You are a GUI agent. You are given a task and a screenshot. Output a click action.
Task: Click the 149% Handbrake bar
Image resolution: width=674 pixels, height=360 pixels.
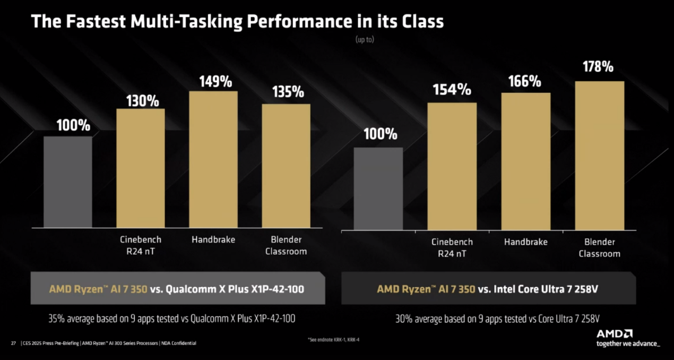pyautogui.click(x=213, y=159)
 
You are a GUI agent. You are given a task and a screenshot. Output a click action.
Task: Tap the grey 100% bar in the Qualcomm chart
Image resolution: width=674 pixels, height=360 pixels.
pyautogui.click(x=68, y=182)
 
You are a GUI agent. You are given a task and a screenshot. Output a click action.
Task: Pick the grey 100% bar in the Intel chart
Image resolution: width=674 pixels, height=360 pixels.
pyautogui.click(x=378, y=188)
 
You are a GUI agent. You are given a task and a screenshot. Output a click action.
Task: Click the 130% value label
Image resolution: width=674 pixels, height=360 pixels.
pyautogui.click(x=142, y=100)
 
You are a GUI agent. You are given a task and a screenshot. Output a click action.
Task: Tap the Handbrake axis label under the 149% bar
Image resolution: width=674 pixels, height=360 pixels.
pyautogui.click(x=213, y=240)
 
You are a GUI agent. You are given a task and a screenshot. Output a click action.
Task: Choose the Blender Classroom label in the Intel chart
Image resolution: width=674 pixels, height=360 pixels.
pyautogui.click(x=599, y=247)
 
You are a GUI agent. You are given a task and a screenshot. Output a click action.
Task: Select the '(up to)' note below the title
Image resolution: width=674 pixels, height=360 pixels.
pyautogui.click(x=365, y=40)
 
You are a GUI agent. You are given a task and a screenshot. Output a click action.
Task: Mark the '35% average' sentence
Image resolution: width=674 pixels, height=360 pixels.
pyautogui.click(x=171, y=319)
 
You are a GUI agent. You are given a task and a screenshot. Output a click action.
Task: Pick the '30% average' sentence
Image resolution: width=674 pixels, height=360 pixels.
pyautogui.click(x=497, y=319)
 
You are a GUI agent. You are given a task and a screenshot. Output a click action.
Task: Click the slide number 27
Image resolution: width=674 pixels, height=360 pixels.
pyautogui.click(x=13, y=343)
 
